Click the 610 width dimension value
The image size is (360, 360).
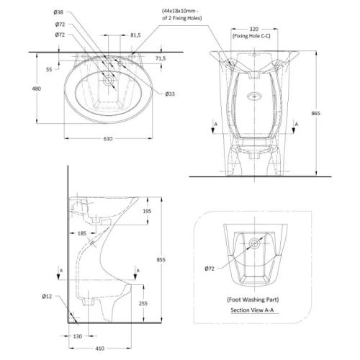coord(108,138)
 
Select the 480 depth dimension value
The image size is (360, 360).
coord(37,89)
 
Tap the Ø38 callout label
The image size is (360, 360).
coord(58,12)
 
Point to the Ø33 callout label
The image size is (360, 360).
coord(170,94)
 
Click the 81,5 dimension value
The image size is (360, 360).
coord(135,35)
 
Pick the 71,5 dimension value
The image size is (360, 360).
coord(161,58)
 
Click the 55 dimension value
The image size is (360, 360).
coord(49,69)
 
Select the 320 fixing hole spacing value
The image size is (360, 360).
coord(254,29)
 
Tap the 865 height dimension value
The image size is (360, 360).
coord(316,113)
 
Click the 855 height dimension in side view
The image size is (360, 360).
coord(161,260)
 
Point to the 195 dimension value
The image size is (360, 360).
coord(147,211)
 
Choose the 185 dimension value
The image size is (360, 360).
coord(82,233)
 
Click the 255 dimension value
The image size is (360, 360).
coord(143,303)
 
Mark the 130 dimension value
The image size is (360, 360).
coord(78,336)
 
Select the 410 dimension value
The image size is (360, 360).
coord(100,348)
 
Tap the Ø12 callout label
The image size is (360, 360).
coord(47,297)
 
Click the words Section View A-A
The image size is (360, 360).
coord(252,310)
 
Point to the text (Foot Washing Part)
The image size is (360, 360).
coord(253,300)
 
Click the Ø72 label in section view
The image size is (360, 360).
coord(210,269)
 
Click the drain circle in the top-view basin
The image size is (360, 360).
coord(109,80)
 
